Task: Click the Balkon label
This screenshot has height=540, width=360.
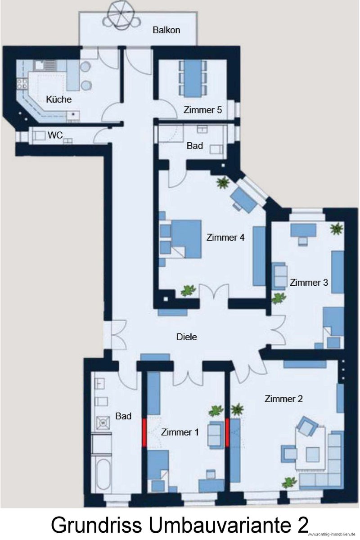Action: pos(166,30)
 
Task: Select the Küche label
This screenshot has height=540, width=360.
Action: pos(59,99)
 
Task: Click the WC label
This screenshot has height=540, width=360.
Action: pos(55,135)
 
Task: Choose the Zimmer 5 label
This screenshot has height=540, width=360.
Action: pos(202,110)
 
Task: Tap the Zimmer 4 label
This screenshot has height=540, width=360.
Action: pos(225,238)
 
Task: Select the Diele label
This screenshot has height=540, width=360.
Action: pos(187,337)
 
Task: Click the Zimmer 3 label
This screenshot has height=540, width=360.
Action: pos(309,283)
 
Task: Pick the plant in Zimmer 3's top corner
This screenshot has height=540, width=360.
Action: pos(337,229)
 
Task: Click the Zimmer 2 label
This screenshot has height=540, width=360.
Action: pos(283,399)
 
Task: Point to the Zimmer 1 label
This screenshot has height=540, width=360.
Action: pos(180,432)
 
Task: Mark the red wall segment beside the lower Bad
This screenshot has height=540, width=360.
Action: pos(144,432)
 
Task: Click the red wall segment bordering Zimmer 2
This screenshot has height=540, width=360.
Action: pos(227,432)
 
